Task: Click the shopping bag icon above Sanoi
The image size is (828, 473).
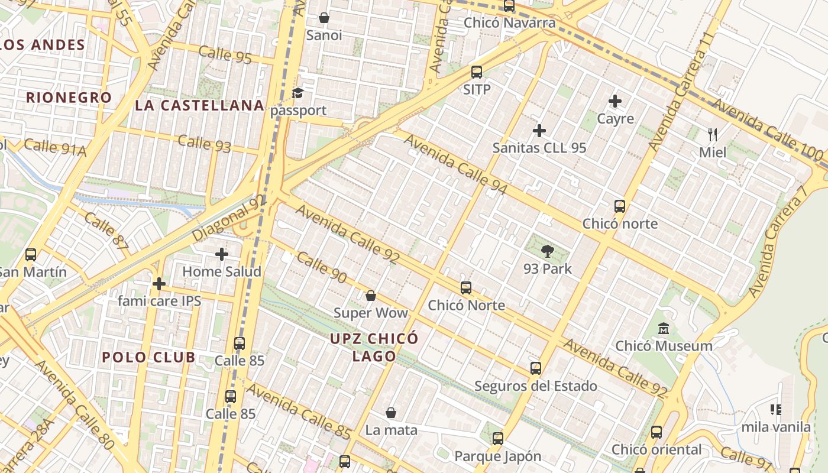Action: point(324,18)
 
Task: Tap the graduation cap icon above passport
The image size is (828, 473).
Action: point(297,93)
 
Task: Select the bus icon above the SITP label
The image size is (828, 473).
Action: point(477,72)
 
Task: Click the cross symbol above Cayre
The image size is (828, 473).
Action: point(615,101)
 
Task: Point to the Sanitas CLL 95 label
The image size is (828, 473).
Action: point(539,148)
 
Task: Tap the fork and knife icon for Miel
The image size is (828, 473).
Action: point(713,135)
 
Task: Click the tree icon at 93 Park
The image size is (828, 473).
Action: point(548,251)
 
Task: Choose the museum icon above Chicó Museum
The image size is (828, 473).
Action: point(664,328)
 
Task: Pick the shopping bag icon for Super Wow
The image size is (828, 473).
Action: point(371,295)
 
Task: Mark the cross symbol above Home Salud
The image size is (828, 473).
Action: point(222,254)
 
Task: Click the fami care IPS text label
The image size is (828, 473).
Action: point(159,301)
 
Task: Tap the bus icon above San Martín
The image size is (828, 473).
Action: point(31,255)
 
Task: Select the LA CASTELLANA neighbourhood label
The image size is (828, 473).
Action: point(199,106)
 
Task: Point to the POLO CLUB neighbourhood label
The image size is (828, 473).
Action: point(148,357)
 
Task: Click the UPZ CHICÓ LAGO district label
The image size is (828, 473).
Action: point(374,347)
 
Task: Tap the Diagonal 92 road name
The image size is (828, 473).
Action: point(229,219)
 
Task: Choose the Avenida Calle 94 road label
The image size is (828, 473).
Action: point(456,165)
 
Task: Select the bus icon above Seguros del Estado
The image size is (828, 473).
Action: point(536,368)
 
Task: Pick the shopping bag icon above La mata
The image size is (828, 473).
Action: point(391,412)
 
